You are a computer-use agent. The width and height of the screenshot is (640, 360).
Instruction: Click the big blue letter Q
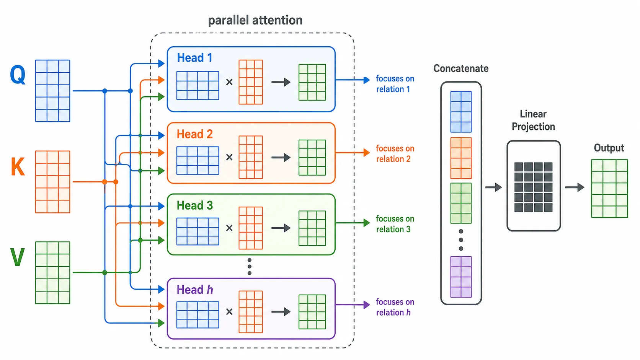(18, 75)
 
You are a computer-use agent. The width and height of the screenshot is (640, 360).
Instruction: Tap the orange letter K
(18, 166)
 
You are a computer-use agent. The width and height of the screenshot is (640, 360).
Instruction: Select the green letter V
(18, 257)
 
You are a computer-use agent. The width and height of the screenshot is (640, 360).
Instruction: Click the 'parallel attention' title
(255, 20)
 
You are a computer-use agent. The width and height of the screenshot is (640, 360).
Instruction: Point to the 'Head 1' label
(194, 58)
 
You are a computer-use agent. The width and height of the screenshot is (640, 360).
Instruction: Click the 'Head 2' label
(194, 134)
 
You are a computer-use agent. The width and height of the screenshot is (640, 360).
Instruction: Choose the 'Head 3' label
(194, 205)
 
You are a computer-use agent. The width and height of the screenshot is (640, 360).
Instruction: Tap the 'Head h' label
(194, 290)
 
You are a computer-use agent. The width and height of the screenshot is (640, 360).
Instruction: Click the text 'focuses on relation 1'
(395, 84)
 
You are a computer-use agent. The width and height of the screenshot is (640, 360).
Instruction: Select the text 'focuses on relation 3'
(395, 224)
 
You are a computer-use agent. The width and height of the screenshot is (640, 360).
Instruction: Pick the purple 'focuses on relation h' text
(395, 307)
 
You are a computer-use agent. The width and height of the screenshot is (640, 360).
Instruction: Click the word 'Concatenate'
(461, 68)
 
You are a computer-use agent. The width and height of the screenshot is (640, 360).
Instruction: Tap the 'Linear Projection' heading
(533, 120)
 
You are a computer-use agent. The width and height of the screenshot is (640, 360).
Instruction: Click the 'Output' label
(609, 148)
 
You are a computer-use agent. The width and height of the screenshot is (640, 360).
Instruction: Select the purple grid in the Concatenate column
(461, 277)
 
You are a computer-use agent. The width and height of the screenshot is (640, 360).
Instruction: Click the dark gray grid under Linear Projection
(534, 187)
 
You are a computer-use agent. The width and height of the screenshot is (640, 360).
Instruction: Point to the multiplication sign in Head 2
(229, 157)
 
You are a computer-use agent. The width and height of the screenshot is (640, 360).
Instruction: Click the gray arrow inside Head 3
(281, 228)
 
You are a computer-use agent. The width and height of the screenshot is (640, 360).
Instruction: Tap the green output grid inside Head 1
(312, 82)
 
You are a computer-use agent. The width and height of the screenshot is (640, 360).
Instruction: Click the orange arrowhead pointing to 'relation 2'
(367, 152)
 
